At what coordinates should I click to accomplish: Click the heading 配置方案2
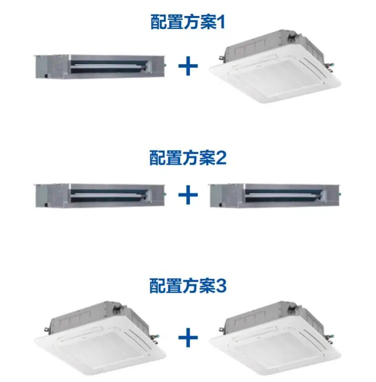click(x=188, y=158)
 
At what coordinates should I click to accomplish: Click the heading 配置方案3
click(x=188, y=286)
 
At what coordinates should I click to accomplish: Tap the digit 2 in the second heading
click(x=222, y=158)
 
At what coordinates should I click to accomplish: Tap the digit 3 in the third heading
click(x=222, y=286)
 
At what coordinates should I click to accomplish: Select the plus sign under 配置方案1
click(x=188, y=67)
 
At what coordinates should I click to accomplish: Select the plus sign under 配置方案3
click(x=188, y=338)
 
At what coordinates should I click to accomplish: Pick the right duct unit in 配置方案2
click(x=277, y=194)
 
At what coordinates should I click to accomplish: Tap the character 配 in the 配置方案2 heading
click(x=158, y=158)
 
